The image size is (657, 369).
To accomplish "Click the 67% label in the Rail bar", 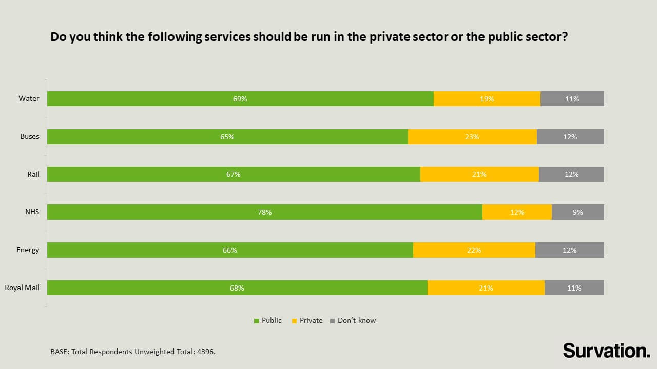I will coord(234,174).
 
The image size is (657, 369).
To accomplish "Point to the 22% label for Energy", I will coord(474,250).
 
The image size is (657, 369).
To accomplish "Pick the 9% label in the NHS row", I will coord(577,212).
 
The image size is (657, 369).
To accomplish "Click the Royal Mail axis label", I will coord(22,288).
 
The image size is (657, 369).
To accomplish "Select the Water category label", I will coord(29,98).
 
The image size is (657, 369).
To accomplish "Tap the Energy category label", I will coord(28,250).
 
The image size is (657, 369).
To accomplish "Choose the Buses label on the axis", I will coord(30,136).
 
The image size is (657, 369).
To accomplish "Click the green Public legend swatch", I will coord(257,321).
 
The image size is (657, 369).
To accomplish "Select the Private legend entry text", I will coord(311,320).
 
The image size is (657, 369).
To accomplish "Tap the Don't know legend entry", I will coord(356,320).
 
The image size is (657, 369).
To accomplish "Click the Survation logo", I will coord(606,351).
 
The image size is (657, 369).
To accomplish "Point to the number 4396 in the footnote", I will coord(205,352).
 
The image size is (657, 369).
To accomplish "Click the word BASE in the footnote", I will coord(60,352).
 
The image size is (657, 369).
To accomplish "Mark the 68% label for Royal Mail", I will coord(237,288).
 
